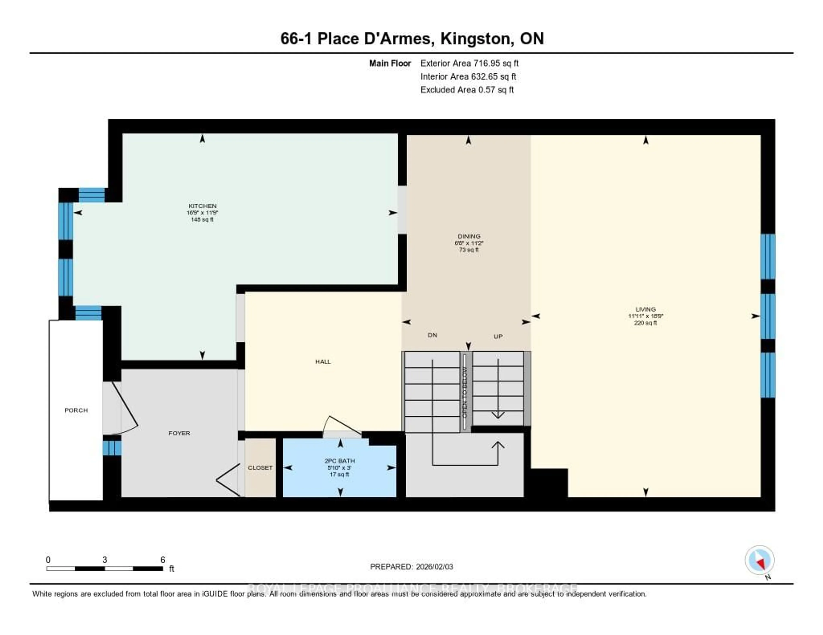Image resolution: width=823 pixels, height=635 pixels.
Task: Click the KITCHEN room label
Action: coord(202,206)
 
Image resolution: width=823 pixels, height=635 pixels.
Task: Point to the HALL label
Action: coord(323,362)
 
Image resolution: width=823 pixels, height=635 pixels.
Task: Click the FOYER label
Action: coord(179,433)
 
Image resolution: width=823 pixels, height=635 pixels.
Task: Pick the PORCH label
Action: coord(76,410)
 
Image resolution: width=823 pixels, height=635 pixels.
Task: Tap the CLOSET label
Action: coord(260,468)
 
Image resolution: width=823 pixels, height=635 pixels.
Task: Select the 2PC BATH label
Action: coord(339,461)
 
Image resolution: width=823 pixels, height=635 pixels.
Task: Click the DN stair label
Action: coord(432,335)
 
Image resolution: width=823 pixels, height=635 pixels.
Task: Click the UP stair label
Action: coord(498,337)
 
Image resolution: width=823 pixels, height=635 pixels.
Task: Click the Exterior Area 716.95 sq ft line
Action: coord(469,63)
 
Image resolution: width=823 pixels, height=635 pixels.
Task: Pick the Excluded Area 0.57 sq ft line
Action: coord(467,89)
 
